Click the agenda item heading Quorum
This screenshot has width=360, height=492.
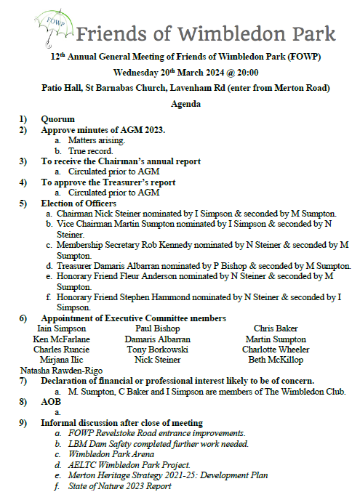57,120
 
